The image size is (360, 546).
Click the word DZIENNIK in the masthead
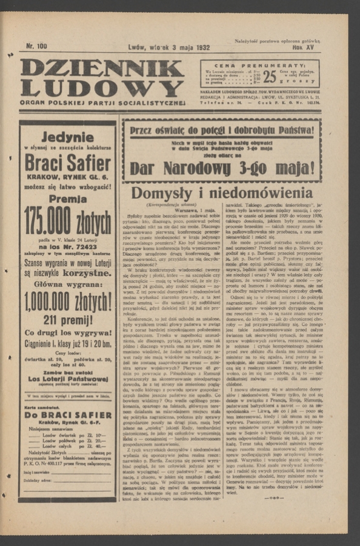click(101, 69)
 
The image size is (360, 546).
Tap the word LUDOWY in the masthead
click(101, 89)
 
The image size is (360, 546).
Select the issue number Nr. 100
click(36, 46)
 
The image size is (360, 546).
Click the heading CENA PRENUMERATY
click(260, 65)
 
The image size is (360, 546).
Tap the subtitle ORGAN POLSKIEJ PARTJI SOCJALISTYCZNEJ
click(102, 103)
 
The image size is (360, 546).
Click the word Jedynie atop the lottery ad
click(67, 137)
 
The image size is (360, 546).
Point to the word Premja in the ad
click(67, 198)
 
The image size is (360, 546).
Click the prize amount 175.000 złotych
click(67, 223)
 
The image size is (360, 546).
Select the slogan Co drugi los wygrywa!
click(67, 332)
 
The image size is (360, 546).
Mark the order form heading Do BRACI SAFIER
click(67, 415)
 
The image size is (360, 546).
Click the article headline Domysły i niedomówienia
click(222, 194)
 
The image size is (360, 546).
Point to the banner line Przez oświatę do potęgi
click(222, 130)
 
